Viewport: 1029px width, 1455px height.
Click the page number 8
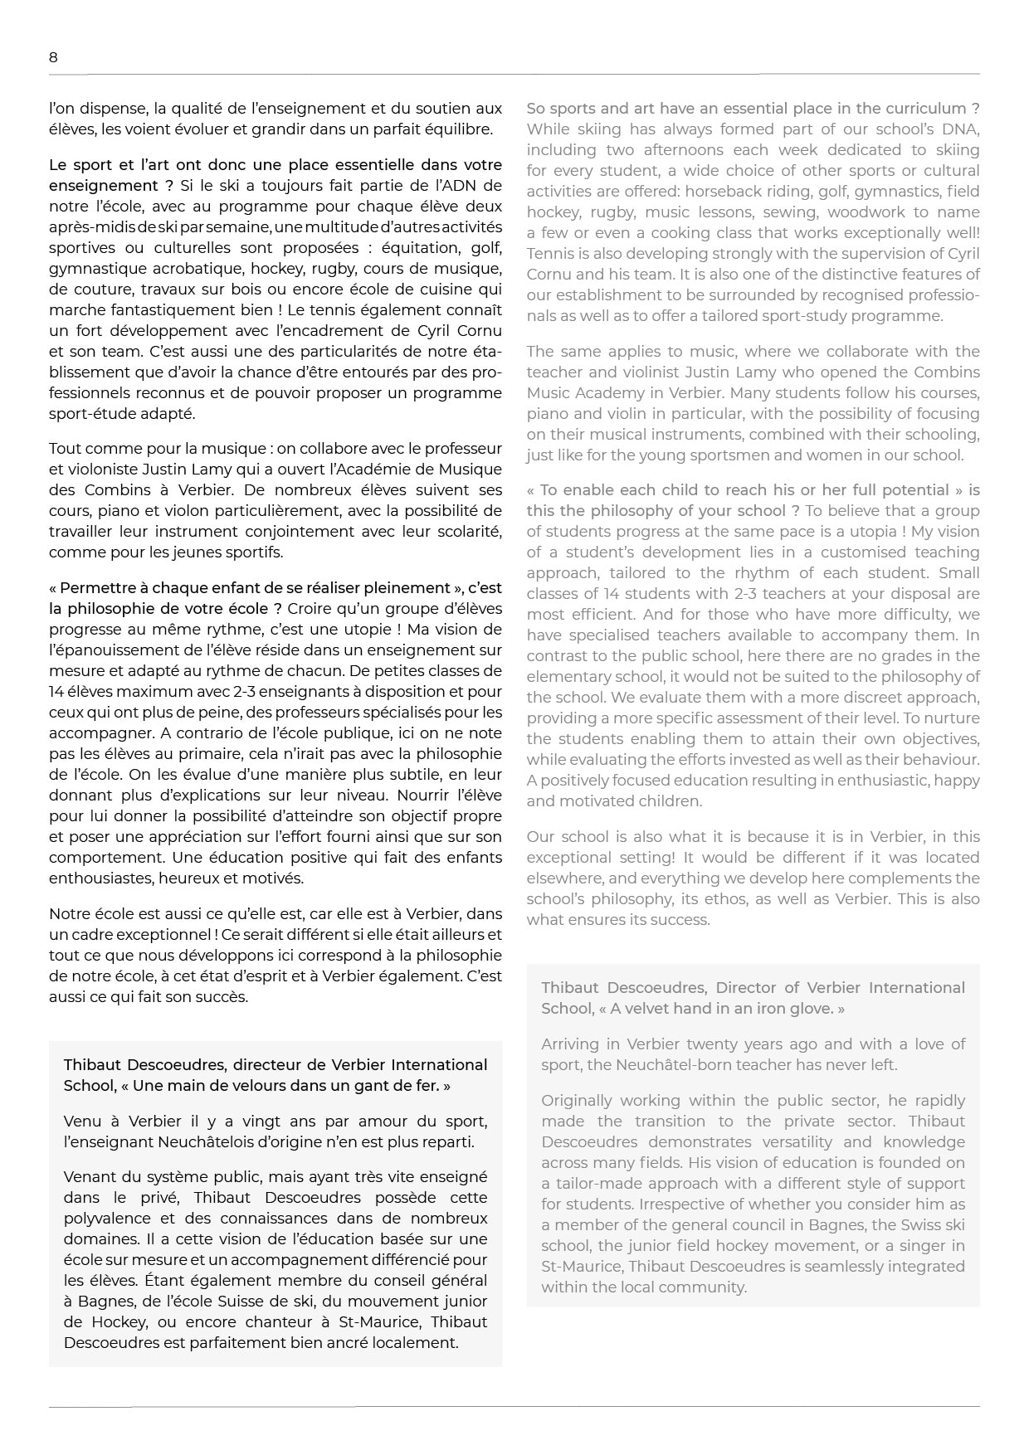coord(53,57)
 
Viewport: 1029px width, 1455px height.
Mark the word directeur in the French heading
coord(267,1065)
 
